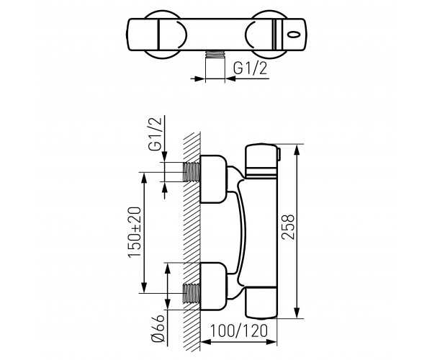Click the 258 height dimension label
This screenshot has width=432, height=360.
point(289,227)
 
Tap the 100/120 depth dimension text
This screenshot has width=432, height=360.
point(238,330)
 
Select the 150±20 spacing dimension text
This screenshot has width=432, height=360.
point(135,232)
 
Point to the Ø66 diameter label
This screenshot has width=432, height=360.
point(158,328)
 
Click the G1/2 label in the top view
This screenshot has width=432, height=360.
point(250,68)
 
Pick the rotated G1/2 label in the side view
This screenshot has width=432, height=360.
point(155,134)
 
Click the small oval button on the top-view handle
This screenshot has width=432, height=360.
point(294,35)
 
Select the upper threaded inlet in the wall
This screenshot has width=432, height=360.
point(192,172)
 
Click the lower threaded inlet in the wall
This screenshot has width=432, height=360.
point(192,293)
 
